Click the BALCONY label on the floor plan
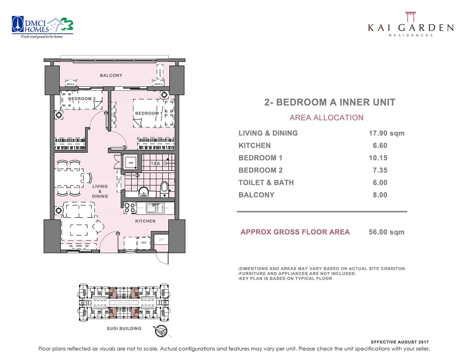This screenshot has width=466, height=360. pyautogui.click(x=111, y=75)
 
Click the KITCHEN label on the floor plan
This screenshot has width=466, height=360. pyautogui.click(x=145, y=221)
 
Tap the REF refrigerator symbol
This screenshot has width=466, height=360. pyautogui.click(x=144, y=242)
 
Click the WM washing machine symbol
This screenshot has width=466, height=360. pyautogui.click(x=131, y=163)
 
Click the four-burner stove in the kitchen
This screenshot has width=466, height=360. pyautogui.click(x=130, y=208)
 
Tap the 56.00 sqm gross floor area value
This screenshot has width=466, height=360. pyautogui.click(x=386, y=232)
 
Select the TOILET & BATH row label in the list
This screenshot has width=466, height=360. pyautogui.click(x=266, y=182)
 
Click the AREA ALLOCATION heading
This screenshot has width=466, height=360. pyautogui.click(x=327, y=118)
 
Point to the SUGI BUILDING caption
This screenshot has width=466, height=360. pyautogui.click(x=124, y=328)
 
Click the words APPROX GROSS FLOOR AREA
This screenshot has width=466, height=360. pyautogui.click(x=295, y=232)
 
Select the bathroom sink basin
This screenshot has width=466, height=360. pyautogui.click(x=143, y=192)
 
